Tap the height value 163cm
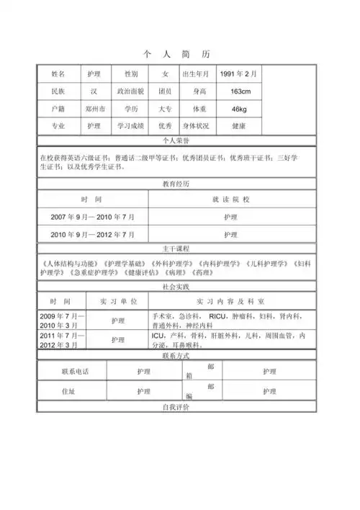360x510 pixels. coord(240,92)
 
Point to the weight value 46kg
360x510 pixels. coord(239,109)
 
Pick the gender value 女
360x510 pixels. coord(164,74)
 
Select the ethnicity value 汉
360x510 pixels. coord(94,92)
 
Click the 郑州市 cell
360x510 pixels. coord(94,109)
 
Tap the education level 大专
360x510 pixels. coord(164,109)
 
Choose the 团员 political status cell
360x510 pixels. coord(164,92)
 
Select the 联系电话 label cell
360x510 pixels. coord(71,372)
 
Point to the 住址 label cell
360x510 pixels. coord(71,392)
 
